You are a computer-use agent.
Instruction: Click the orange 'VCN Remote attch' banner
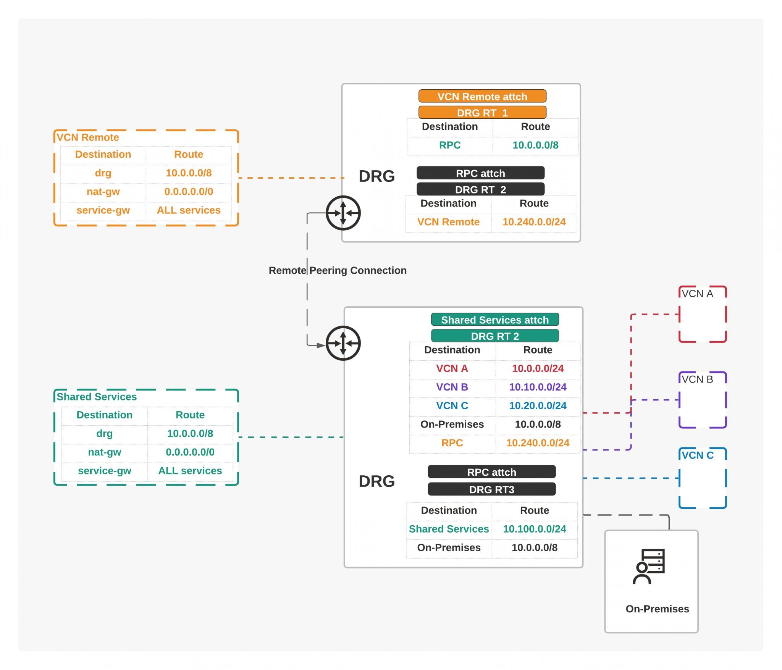[482, 96]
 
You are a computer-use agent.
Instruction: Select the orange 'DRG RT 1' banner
[482, 113]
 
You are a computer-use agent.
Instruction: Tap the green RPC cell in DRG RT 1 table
[449, 145]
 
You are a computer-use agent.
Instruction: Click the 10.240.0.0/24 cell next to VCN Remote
[533, 222]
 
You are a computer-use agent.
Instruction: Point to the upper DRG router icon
[343, 213]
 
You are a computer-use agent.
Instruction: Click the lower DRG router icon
[343, 343]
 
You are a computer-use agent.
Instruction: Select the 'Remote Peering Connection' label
[338, 270]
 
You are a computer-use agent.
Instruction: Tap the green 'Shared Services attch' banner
[494, 320]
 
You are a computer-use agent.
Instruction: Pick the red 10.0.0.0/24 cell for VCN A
[537, 368]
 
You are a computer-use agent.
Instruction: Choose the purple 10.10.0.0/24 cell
[537, 387]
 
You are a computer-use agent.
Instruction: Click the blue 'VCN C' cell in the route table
[452, 405]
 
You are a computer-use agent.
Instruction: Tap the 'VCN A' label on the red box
[697, 294]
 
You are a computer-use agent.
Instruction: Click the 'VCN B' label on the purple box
[697, 379]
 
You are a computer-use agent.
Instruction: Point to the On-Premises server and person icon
[649, 566]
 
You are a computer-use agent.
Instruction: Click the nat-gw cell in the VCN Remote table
[103, 192]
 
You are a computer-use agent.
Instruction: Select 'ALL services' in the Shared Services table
[190, 471]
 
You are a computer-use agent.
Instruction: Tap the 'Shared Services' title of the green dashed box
[97, 397]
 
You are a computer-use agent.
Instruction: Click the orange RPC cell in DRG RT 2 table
[452, 443]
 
